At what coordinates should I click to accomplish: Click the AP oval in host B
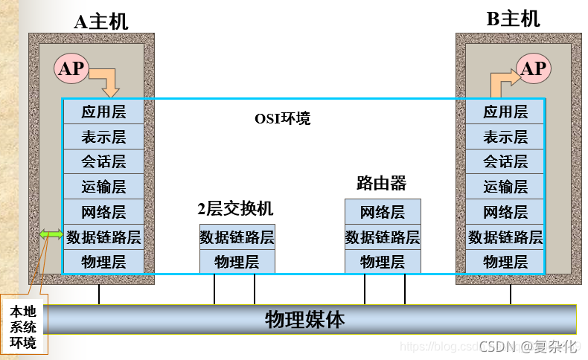click(x=532, y=69)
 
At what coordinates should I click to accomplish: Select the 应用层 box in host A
click(x=103, y=112)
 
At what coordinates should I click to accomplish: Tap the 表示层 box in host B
click(x=505, y=137)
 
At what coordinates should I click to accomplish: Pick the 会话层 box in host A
click(x=103, y=161)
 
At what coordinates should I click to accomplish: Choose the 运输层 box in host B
click(x=505, y=186)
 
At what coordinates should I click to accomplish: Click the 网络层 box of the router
click(x=383, y=212)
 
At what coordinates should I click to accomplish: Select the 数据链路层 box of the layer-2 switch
click(x=237, y=237)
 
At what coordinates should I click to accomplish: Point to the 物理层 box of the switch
click(x=237, y=262)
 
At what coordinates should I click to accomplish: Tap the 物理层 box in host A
click(x=103, y=262)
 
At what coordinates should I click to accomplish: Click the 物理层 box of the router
click(x=383, y=262)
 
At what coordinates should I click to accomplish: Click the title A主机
click(x=100, y=21)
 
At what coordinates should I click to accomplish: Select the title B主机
click(x=513, y=19)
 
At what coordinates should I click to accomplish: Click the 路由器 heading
click(x=382, y=183)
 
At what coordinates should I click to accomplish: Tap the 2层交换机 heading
click(x=235, y=209)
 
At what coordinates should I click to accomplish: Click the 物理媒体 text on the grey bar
click(x=305, y=321)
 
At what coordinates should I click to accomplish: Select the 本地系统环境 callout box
click(x=22, y=327)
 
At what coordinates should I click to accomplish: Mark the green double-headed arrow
click(x=51, y=234)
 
